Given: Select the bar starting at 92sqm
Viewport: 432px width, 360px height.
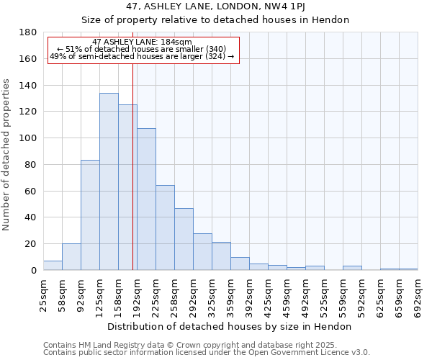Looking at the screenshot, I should click(90, 215).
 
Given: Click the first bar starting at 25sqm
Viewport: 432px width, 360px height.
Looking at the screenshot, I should click(53, 266).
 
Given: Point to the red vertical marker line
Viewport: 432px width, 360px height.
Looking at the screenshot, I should click(132, 166).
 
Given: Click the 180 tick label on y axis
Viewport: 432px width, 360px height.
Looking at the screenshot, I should click(30, 32).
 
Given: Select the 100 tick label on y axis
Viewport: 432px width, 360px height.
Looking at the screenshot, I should click(30, 138).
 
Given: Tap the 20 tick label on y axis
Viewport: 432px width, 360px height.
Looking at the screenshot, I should click(32, 244).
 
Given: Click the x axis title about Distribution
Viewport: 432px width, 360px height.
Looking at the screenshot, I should click(230, 326).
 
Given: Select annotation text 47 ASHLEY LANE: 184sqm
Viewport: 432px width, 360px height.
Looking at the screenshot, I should click(143, 42).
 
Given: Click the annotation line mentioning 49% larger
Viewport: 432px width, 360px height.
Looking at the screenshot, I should click(143, 56).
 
